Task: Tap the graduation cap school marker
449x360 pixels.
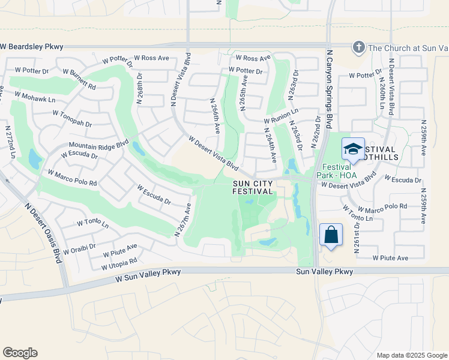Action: pyautogui.click(x=353, y=149)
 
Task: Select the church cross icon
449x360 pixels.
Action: pyautogui.click(x=358, y=47)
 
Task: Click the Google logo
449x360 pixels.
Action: pyautogui.click(x=20, y=353)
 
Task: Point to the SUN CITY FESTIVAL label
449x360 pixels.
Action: pyautogui.click(x=253, y=187)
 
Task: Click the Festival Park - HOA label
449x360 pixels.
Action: pyautogui.click(x=341, y=170)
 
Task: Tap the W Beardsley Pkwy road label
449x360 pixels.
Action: pyautogui.click(x=31, y=46)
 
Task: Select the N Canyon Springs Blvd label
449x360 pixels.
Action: pyautogui.click(x=329, y=90)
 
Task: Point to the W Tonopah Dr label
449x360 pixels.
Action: pyautogui.click(x=72, y=118)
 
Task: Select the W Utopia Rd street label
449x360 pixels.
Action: pyautogui.click(x=119, y=262)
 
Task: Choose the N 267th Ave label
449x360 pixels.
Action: pyautogui.click(x=183, y=220)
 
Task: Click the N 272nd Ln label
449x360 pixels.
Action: pyautogui.click(x=10, y=142)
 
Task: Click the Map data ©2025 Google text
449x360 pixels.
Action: pyautogui.click(x=411, y=355)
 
